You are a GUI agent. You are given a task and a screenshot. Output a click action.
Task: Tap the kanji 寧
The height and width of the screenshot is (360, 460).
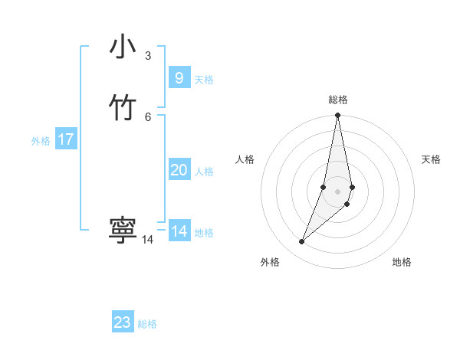(123, 231)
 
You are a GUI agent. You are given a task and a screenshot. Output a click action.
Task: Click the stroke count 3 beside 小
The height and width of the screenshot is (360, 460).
(148, 55)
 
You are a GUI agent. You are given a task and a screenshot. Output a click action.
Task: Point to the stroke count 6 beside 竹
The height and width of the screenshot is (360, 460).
(148, 116)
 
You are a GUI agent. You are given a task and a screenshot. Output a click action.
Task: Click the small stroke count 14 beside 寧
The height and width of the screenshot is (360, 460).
(148, 240)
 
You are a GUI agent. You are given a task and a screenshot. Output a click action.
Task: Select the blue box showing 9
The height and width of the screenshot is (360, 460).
(179, 77)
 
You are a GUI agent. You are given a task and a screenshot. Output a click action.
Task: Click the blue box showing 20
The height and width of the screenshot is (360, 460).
(179, 170)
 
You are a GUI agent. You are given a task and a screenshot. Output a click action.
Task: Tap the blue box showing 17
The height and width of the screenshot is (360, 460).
(66, 139)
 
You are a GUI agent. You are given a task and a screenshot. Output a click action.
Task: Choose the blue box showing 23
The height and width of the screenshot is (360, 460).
(123, 322)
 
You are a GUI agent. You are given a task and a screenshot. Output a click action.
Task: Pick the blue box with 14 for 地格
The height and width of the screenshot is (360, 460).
(179, 231)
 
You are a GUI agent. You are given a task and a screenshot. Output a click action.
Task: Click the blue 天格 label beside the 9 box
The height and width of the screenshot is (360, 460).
(204, 80)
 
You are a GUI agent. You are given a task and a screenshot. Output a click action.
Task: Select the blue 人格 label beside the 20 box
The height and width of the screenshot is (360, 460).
(204, 172)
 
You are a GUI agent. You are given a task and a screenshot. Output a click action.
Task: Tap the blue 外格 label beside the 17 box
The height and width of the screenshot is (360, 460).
(41, 141)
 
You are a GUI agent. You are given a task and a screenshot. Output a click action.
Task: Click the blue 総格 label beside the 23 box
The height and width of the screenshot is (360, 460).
(147, 324)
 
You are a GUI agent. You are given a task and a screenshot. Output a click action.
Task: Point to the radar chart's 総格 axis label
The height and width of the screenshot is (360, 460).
(338, 100)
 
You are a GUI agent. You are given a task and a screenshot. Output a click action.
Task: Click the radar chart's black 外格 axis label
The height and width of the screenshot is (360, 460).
(270, 262)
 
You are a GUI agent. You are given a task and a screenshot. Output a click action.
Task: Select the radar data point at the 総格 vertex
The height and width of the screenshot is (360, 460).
(337, 116)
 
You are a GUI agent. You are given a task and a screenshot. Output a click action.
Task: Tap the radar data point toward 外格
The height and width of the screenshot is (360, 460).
(301, 242)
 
